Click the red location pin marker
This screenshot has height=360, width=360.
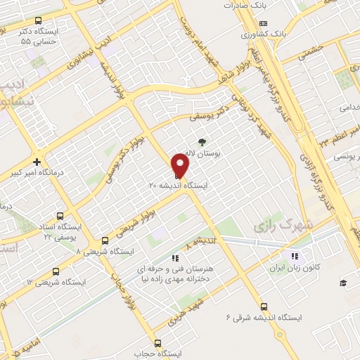pyautogui.click(x=181, y=166)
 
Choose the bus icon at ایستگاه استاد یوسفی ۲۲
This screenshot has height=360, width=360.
pyautogui.click(x=59, y=217)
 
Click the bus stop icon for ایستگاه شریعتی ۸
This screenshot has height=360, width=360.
pyautogui.click(x=105, y=240)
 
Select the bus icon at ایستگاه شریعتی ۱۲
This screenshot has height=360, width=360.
pyautogui.click(x=59, y=271)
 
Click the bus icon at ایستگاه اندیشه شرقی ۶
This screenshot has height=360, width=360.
pyautogui.click(x=264, y=307)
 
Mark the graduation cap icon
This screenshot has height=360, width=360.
pyautogui.click(x=343, y=283)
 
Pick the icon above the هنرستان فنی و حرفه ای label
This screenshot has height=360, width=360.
pyautogui.click(x=174, y=258)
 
